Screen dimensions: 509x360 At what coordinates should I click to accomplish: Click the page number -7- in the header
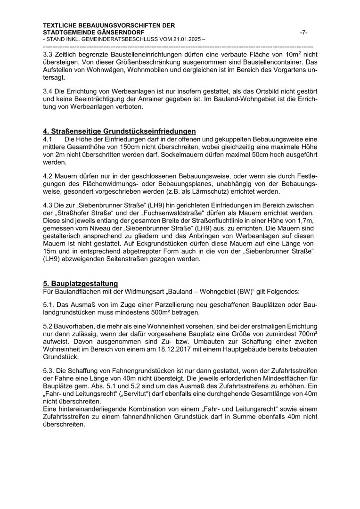tap(303, 32)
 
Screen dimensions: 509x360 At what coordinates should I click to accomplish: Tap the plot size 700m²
tap(302, 334)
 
